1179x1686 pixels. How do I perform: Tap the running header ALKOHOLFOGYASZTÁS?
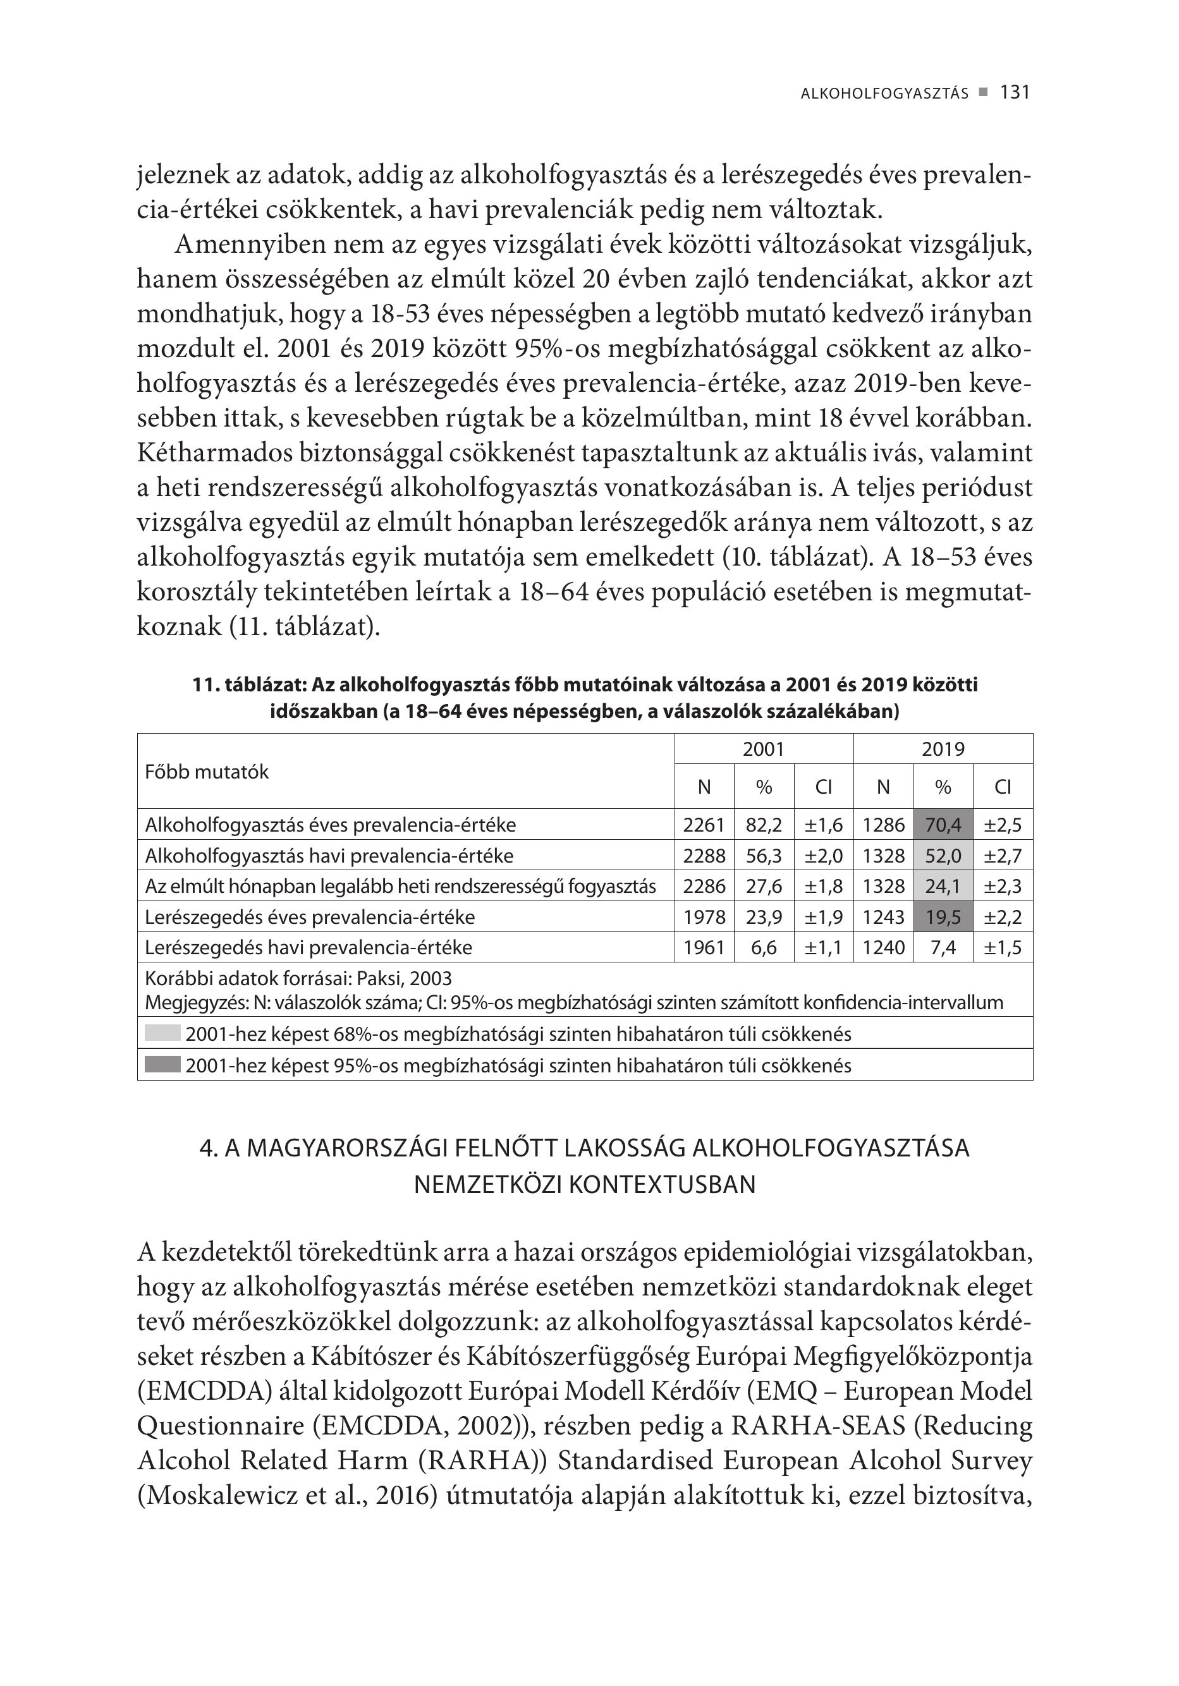[x=884, y=94]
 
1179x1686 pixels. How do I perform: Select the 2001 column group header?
[x=763, y=749]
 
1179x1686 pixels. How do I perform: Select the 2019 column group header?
[x=943, y=749]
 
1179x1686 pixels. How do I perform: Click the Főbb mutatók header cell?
[x=207, y=772]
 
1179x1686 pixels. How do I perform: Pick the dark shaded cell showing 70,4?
[x=943, y=825]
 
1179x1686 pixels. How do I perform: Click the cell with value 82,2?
[x=763, y=825]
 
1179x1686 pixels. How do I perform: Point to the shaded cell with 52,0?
[x=943, y=856]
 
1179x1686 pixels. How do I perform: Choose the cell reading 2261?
[x=704, y=825]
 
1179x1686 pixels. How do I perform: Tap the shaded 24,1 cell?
[x=943, y=887]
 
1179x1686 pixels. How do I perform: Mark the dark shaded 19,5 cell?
[x=943, y=917]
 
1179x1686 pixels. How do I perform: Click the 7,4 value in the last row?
[x=943, y=947]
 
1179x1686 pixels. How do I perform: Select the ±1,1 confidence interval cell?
[x=824, y=947]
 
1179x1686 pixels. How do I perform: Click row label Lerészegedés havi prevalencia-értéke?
[x=308, y=947]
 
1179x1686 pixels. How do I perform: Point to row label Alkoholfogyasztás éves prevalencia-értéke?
[x=331, y=825]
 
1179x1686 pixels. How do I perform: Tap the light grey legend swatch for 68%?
[x=162, y=1033]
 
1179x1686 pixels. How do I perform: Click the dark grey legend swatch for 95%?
[x=162, y=1065]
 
